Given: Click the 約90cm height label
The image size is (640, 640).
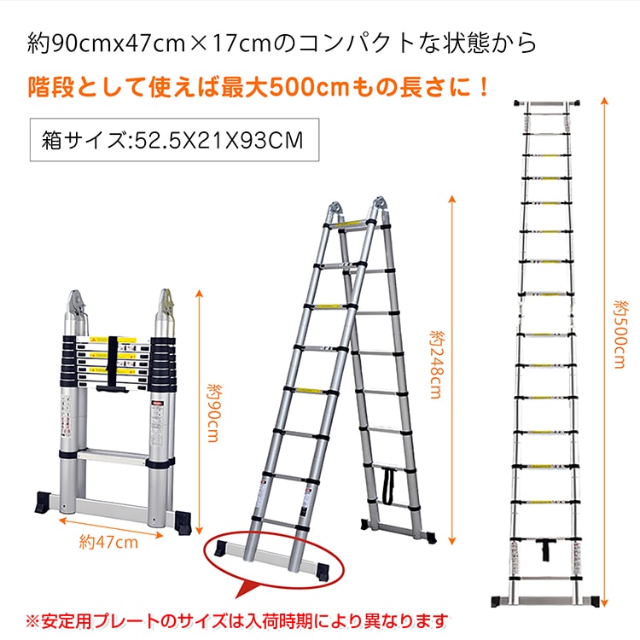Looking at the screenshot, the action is click(x=213, y=413).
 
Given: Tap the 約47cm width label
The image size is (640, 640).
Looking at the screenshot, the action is click(x=108, y=543).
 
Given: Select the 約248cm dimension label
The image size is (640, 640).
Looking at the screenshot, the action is click(x=436, y=364).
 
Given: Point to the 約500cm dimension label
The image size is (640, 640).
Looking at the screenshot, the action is click(x=620, y=335).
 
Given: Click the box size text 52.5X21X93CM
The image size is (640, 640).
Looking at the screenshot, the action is click(x=218, y=141).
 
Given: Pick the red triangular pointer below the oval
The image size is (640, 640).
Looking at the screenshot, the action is click(x=246, y=590).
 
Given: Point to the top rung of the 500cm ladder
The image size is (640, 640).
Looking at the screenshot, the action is click(x=547, y=103).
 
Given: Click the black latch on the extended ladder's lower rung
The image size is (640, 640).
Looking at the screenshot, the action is click(x=544, y=549).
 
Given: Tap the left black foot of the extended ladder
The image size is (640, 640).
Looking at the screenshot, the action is click(x=498, y=602).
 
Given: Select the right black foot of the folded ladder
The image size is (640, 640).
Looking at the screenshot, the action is click(x=183, y=522).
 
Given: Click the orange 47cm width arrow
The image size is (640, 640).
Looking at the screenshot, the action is click(x=111, y=527).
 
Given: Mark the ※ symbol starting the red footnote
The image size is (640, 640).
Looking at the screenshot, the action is click(x=32, y=621).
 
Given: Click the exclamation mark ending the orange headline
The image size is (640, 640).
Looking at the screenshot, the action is click(x=485, y=87).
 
